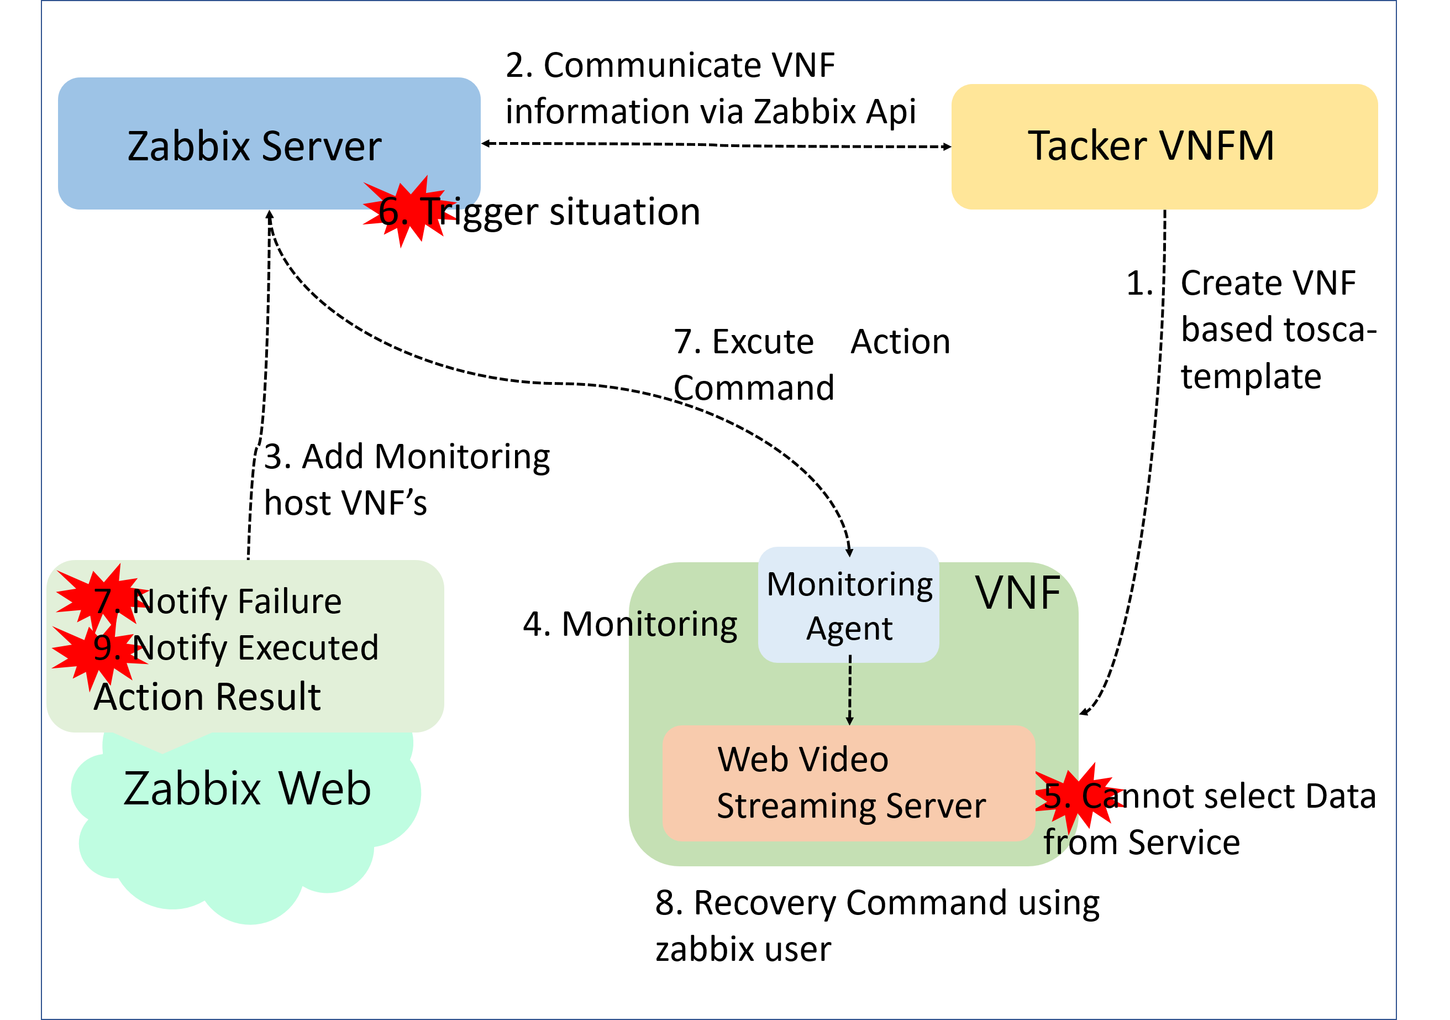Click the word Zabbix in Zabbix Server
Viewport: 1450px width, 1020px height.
click(x=190, y=147)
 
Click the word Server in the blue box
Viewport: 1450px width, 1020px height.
click(x=322, y=147)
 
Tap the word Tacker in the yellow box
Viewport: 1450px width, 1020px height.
click(x=1087, y=146)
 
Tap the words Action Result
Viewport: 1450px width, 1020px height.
click(x=207, y=697)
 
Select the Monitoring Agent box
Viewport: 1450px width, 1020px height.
click(x=848, y=604)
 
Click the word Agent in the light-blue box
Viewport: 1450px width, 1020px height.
click(x=849, y=629)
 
